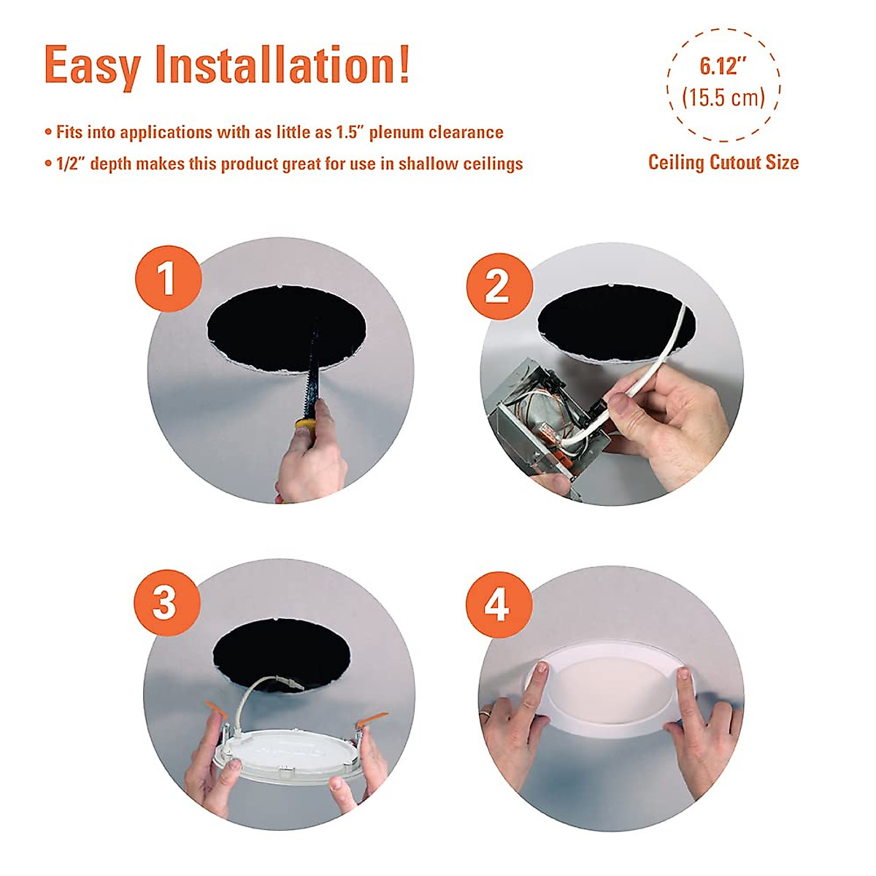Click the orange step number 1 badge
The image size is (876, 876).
[x=168, y=279]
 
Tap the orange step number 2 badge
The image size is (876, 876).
[x=498, y=285]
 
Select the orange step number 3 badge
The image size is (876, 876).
[x=166, y=603]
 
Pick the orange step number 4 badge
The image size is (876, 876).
[x=498, y=604]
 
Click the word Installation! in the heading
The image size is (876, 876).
[x=283, y=66]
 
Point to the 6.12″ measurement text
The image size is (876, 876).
[x=723, y=66]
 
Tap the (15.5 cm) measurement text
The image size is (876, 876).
[x=723, y=98]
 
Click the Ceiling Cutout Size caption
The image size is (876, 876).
[x=723, y=162]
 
